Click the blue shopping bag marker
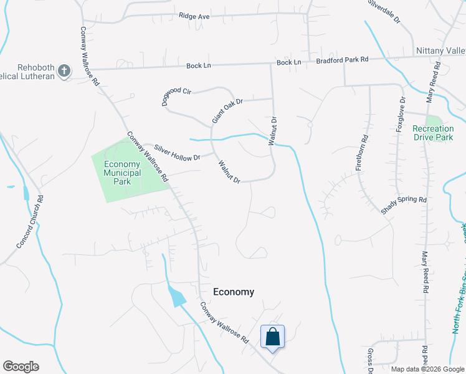(272, 337)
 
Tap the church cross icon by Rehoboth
(64, 71)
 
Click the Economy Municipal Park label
(118, 173)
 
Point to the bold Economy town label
(234, 292)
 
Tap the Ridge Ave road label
(194, 16)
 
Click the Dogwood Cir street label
(177, 97)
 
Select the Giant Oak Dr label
(226, 110)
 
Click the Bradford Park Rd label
(343, 60)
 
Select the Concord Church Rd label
(29, 222)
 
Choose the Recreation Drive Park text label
(433, 133)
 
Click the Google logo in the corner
(21, 367)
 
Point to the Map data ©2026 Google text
(427, 369)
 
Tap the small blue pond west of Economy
(177, 295)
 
